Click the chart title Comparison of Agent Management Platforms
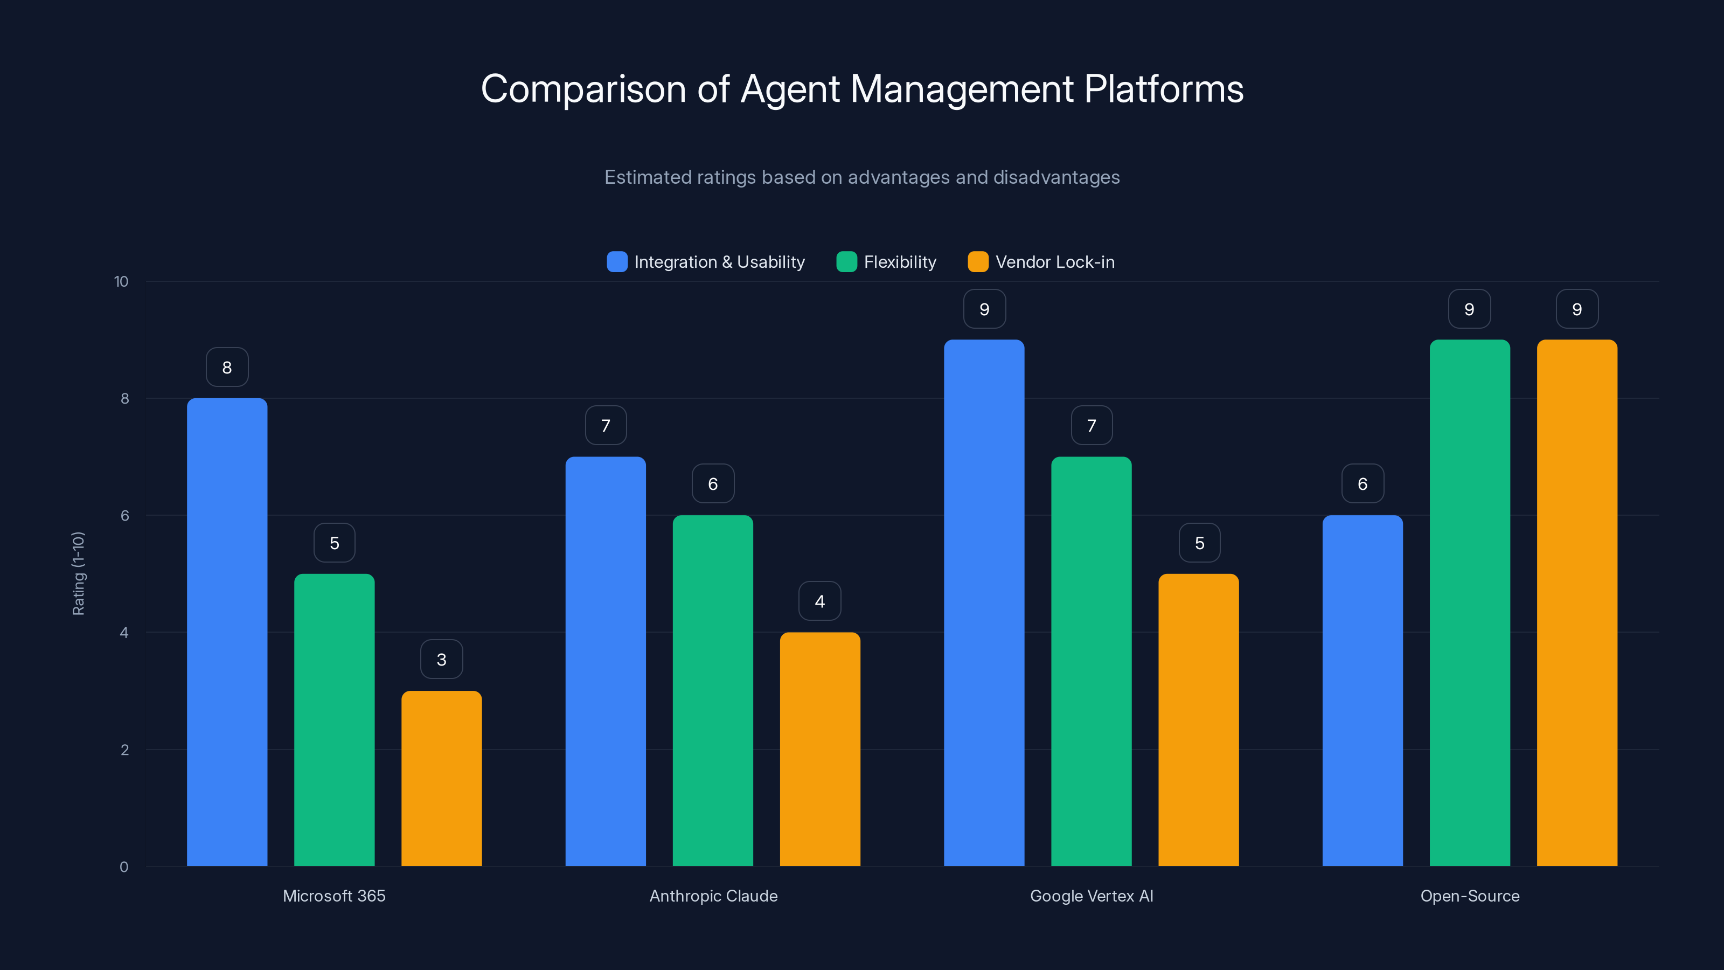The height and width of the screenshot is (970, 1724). [862, 89]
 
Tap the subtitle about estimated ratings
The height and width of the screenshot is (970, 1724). [862, 177]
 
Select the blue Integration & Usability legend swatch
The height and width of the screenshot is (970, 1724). [616, 262]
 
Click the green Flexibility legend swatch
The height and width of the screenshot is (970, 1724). [846, 262]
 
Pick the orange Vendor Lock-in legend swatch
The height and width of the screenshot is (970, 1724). [978, 262]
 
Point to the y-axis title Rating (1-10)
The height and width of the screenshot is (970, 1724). [78, 574]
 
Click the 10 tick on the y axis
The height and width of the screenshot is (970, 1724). [121, 282]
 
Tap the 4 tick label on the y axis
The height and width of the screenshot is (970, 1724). [124, 633]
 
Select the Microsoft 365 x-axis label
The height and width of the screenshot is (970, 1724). [334, 896]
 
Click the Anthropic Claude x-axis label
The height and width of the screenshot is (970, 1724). [713, 896]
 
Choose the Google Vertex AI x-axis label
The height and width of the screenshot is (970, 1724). [1092, 896]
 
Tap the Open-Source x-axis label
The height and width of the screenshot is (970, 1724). [1470, 896]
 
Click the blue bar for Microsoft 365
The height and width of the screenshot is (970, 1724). [227, 633]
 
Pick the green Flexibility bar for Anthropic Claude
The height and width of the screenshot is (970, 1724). [713, 691]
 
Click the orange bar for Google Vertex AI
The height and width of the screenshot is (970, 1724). [1199, 720]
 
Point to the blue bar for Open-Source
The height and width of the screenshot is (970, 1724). [1362, 691]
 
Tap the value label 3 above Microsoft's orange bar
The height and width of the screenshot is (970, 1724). [441, 660]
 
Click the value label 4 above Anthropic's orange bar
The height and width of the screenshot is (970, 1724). [820, 601]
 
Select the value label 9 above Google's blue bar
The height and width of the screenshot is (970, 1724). [984, 309]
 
